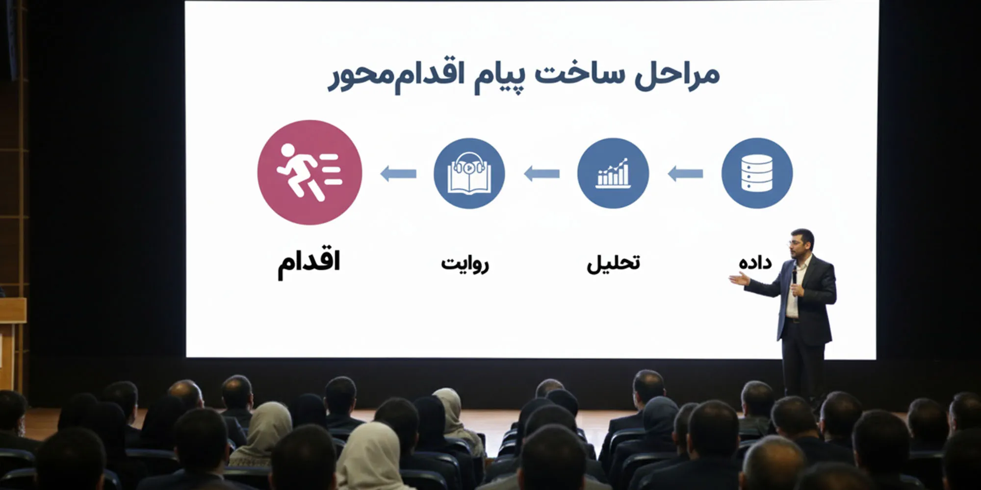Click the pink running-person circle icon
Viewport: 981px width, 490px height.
point(310,172)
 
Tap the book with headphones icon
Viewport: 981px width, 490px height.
point(469,173)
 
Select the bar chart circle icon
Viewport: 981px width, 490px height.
point(613,173)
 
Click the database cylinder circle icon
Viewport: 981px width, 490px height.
point(757,173)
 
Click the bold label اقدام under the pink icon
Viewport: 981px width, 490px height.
point(309,263)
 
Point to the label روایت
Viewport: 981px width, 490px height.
point(465,264)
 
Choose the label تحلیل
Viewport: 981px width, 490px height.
point(613,263)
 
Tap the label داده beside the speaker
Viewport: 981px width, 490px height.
point(755,263)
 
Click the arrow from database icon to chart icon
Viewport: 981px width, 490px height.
point(685,173)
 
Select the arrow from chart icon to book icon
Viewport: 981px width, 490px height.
point(542,173)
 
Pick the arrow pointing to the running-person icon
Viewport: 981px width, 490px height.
point(398,173)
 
